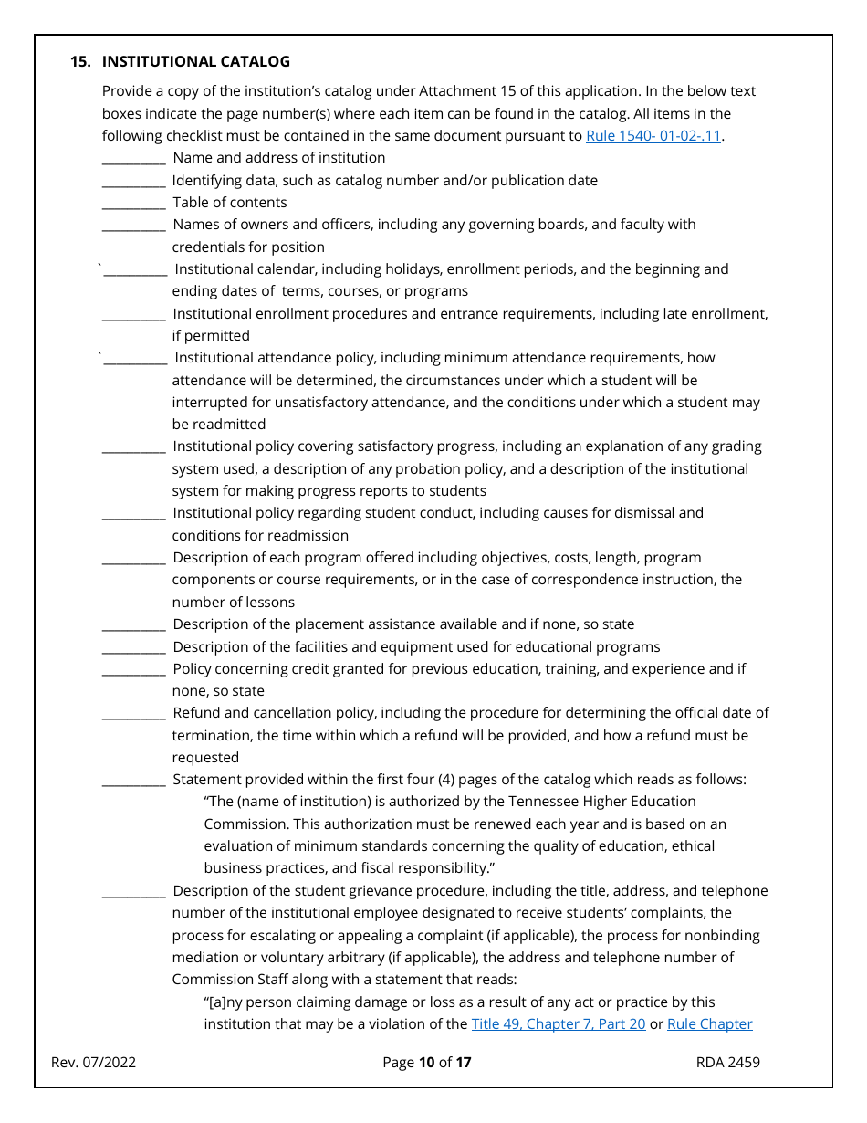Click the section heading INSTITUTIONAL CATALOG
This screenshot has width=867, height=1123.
pyautogui.click(x=195, y=61)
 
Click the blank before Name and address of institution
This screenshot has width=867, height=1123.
pyautogui.click(x=133, y=159)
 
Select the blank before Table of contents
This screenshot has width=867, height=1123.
pyautogui.click(x=133, y=204)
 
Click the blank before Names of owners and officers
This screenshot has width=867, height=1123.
pyautogui.click(x=133, y=226)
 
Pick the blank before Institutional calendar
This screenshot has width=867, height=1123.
pyautogui.click(x=135, y=270)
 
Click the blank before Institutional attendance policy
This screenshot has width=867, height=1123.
pyautogui.click(x=135, y=359)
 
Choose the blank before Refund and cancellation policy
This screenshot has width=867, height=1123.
pyautogui.click(x=133, y=714)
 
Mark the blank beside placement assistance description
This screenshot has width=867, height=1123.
pyautogui.click(x=133, y=625)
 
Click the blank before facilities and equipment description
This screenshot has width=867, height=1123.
pyautogui.click(x=133, y=648)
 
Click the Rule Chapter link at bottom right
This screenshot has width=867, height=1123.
pyautogui.click(x=709, y=1024)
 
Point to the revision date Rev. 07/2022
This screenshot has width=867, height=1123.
pyautogui.click(x=93, y=1062)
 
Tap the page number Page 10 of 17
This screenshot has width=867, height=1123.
pyautogui.click(x=426, y=1062)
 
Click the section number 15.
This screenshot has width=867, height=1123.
pyautogui.click(x=80, y=61)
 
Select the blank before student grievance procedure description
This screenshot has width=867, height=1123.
pyautogui.click(x=133, y=892)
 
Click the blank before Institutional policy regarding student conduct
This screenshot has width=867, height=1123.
pyautogui.click(x=133, y=514)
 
